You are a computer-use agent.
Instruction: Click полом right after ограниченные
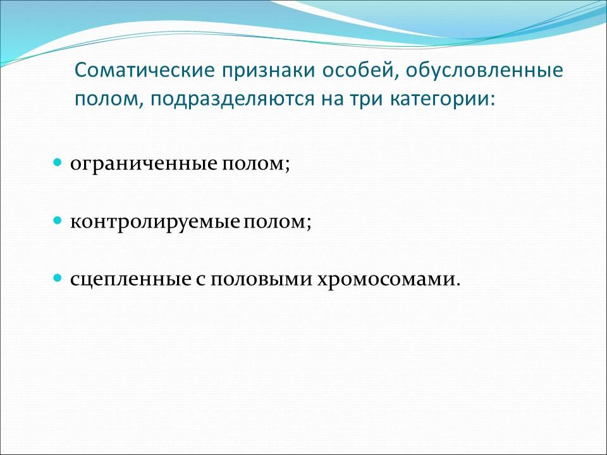[x=255, y=164]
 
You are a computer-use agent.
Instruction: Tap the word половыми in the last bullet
[x=248, y=279]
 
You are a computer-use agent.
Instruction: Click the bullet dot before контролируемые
[x=57, y=222]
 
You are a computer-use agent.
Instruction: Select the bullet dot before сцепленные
[x=57, y=278]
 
